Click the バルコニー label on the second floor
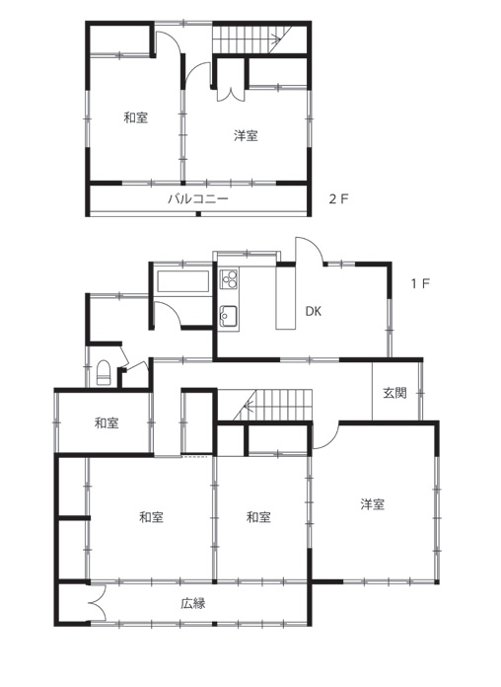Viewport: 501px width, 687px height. point(198,199)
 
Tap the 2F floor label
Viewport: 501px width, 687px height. point(338,199)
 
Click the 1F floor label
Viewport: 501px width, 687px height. point(420,283)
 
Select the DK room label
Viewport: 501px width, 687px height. point(314,312)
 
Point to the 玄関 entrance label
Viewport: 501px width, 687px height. point(395,393)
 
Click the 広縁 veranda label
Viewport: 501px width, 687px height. point(193,604)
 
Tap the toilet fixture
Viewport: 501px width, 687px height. point(104,373)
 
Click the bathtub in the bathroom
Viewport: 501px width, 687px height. point(182,281)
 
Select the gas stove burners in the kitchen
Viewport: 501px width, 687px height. point(230,278)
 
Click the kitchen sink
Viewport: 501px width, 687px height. point(229,316)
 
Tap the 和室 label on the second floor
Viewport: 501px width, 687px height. point(136,117)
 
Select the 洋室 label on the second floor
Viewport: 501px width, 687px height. point(246,136)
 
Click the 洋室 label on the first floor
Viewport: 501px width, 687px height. point(373,504)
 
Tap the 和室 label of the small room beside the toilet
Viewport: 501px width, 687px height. point(107,423)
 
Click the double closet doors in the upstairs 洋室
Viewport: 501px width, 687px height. point(231,94)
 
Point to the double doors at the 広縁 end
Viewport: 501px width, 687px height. point(99,603)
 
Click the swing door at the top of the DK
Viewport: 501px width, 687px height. point(310,250)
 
